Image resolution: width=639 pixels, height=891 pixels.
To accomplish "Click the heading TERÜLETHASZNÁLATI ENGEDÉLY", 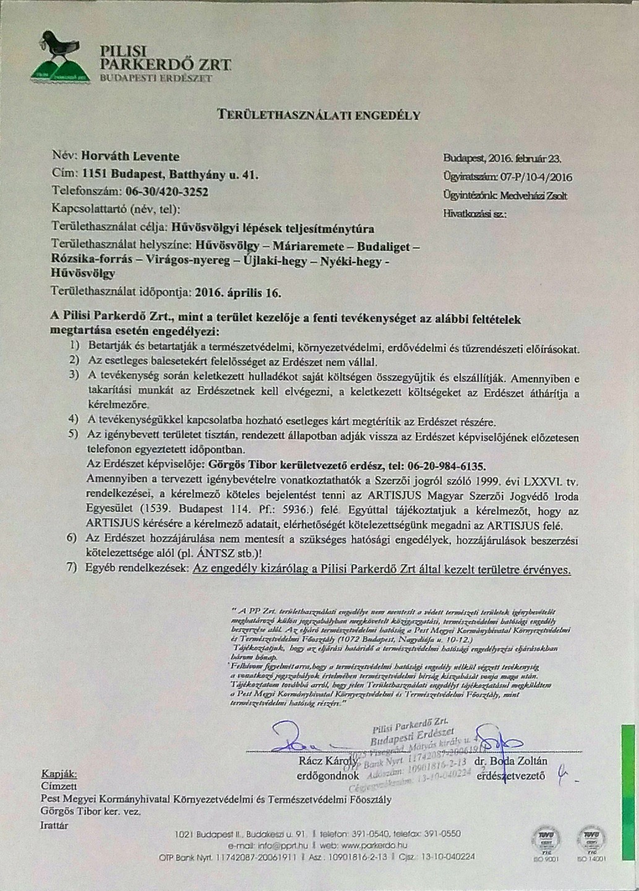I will coord(318,115).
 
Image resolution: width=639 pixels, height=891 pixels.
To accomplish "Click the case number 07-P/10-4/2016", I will coord(536,177).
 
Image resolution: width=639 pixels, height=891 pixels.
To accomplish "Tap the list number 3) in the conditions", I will coord(74,375).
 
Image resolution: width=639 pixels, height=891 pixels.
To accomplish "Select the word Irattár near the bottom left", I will coord(54,825).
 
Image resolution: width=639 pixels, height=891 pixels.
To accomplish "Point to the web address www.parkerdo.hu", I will coord(373,845).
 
